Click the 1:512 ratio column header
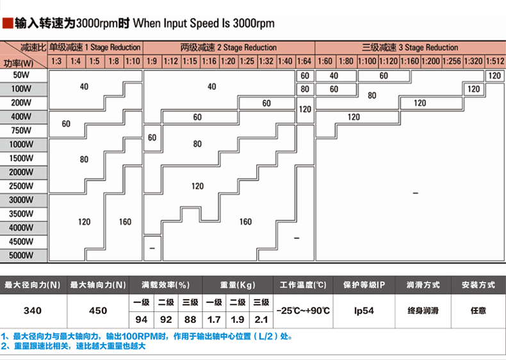[494, 61]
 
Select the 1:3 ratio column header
[56, 61]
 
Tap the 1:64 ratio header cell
[304, 61]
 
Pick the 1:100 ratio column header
[368, 61]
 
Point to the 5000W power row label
[22, 255]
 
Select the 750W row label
[22, 131]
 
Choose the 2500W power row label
[22, 186]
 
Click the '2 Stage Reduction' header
[229, 47]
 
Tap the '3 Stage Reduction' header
[410, 47]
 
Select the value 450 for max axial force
[98, 311]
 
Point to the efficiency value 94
[142, 319]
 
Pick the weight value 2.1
[261, 319]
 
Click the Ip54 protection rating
[364, 311]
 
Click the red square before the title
[8, 24]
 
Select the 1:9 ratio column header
[151, 61]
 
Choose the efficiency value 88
[190, 319]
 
